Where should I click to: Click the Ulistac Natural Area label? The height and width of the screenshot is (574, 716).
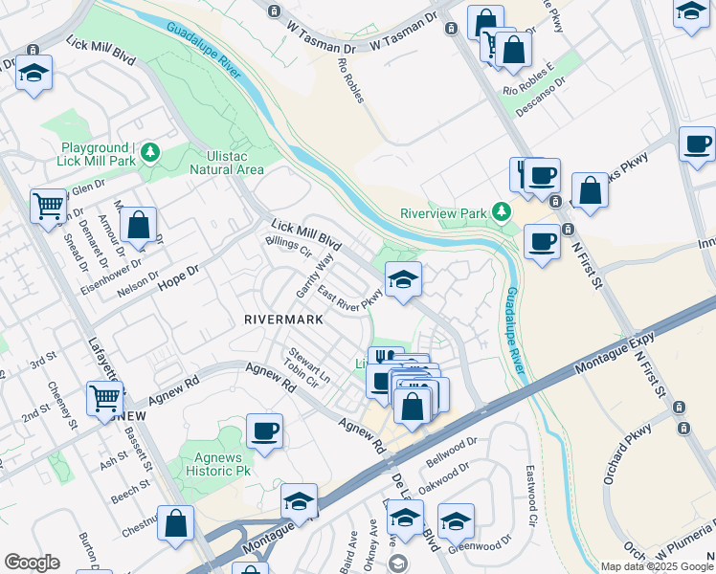(x=227, y=163)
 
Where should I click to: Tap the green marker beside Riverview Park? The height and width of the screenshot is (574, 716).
(x=500, y=211)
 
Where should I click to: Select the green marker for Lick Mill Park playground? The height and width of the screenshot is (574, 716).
(x=150, y=152)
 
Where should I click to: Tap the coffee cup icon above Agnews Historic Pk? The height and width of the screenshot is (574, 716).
(x=264, y=430)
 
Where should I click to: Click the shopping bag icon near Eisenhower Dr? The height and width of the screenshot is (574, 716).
(x=139, y=226)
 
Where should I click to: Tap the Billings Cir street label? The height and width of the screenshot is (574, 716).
(x=288, y=248)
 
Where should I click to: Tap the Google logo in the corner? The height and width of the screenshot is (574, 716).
(x=32, y=563)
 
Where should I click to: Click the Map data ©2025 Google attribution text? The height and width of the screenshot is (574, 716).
(x=657, y=566)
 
